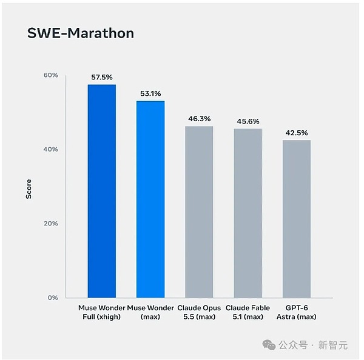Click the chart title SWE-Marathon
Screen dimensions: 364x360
click(81, 33)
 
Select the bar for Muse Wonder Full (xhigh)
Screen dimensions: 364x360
click(102, 191)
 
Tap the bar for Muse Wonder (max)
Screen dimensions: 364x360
click(150, 199)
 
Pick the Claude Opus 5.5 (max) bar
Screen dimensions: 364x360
click(199, 212)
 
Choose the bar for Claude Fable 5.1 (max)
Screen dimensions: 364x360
click(248, 213)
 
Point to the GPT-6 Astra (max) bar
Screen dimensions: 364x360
click(297, 219)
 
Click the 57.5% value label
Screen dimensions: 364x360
click(102, 77)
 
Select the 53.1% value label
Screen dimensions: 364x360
click(150, 93)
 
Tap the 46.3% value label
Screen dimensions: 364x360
click(200, 119)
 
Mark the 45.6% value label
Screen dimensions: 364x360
click(248, 121)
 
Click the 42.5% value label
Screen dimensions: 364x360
click(297, 133)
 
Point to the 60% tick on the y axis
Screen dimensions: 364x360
click(51, 75)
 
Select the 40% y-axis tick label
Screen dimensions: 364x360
click(50, 149)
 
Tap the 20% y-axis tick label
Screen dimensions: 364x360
click(51, 224)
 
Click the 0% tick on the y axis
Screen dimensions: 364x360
click(53, 298)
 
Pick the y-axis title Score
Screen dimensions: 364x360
click(29, 189)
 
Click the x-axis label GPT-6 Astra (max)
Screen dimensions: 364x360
click(297, 312)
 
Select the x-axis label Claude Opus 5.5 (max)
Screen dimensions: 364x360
click(199, 312)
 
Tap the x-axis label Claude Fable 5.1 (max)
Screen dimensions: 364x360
click(248, 312)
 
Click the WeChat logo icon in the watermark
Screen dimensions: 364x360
click(269, 345)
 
